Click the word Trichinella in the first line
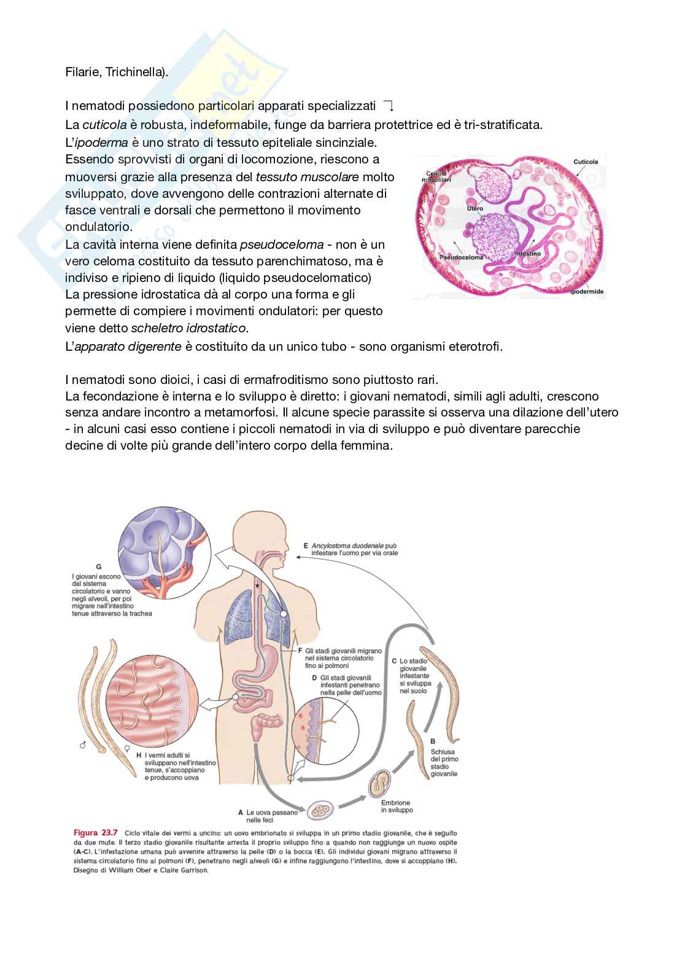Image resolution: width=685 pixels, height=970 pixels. click(x=136, y=72)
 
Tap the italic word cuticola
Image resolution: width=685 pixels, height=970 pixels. click(x=104, y=125)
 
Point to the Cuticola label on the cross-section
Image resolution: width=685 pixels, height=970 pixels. click(x=586, y=162)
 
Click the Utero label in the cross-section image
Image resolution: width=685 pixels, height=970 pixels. click(x=475, y=209)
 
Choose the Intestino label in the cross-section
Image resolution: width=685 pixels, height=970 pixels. click(x=528, y=253)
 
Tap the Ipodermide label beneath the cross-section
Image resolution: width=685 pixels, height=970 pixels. click(x=587, y=291)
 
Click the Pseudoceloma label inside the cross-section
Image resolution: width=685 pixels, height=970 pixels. click(x=462, y=257)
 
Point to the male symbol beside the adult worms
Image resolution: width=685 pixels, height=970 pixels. click(x=82, y=745)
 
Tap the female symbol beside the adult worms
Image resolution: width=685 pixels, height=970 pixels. click(x=126, y=749)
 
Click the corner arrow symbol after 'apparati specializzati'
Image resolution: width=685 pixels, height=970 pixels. click(x=388, y=106)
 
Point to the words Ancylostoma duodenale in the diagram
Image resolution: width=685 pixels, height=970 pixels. click(x=347, y=545)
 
